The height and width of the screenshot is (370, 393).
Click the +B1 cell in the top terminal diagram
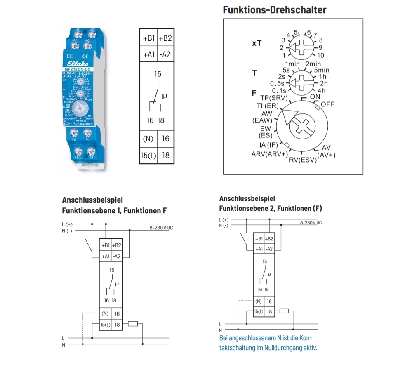[x=148, y=38]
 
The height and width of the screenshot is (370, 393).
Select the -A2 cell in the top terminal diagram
[x=165, y=54]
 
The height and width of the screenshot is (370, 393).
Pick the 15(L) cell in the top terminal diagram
[x=148, y=155]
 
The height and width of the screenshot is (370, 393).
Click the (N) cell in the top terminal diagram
[x=148, y=139]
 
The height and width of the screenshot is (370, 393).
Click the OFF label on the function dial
[x=328, y=104]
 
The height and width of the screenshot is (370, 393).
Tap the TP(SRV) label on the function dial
[x=273, y=98]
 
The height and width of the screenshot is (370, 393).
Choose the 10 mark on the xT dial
[x=321, y=55]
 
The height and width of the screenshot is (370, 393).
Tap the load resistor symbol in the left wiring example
[x=133, y=324]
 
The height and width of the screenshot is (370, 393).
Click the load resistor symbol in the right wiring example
[x=284, y=311]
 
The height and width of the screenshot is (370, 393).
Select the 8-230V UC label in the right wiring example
[x=311, y=223]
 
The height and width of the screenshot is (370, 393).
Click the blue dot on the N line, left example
[x=83, y=344]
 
